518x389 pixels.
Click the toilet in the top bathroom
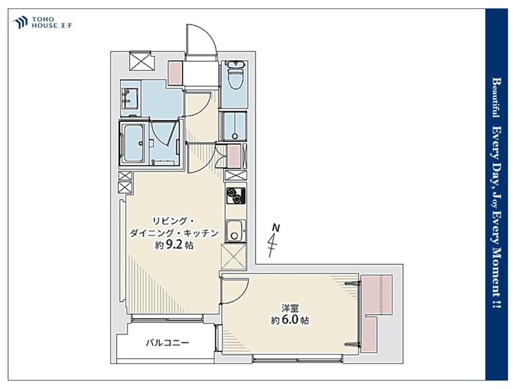(x=236, y=74)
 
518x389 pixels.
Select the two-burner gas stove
(x=236, y=196)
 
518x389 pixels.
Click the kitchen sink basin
(x=235, y=231)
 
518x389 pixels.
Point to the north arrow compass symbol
(x=273, y=241)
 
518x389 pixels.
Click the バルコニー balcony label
(x=167, y=343)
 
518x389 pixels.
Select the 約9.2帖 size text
(x=175, y=245)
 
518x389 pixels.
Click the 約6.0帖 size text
(x=290, y=320)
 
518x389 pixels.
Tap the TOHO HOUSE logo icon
(x=20, y=22)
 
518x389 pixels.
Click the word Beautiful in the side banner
(x=496, y=98)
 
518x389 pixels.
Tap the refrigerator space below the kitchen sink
(x=234, y=257)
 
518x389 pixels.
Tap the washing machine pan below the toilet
(x=234, y=127)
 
